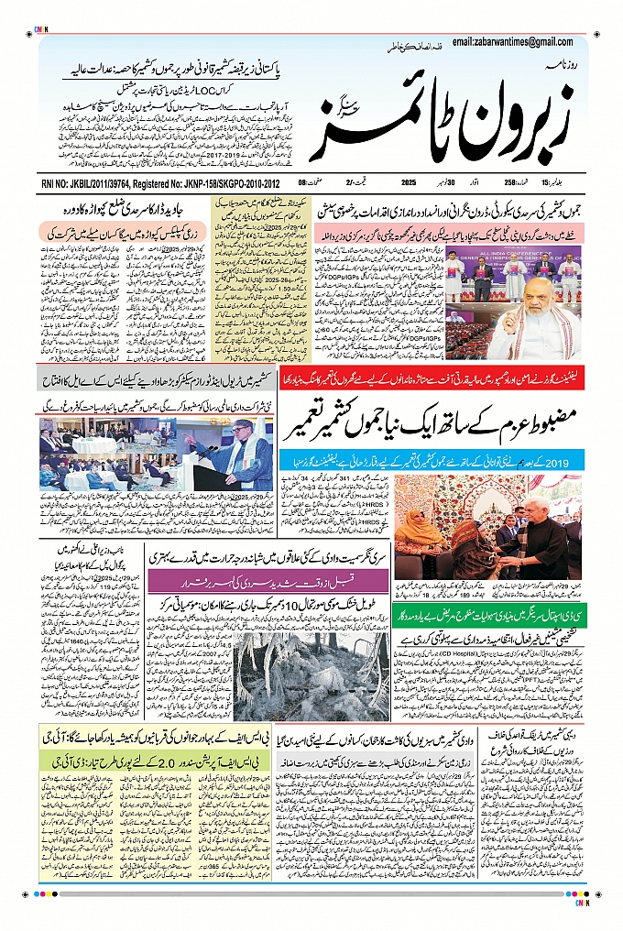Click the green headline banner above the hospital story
(x=486, y=608)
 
